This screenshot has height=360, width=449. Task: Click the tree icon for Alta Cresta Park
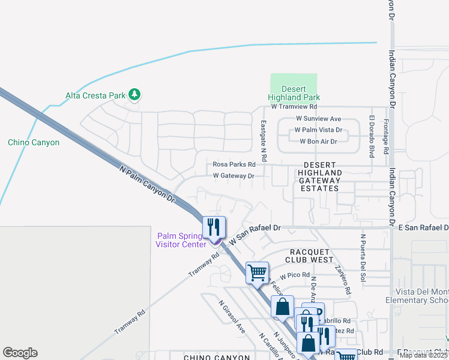point(136,94)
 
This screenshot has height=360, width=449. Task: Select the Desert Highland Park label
point(294,93)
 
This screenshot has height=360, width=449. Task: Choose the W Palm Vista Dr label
point(318,130)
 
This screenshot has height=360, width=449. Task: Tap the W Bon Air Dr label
point(318,141)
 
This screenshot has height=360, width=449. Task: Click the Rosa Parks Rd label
point(234,164)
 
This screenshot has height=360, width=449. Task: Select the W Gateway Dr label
point(234,176)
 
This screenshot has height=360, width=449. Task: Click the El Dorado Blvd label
point(372,136)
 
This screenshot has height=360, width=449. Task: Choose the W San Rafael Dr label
point(255,234)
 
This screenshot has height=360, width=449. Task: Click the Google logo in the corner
point(20,353)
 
